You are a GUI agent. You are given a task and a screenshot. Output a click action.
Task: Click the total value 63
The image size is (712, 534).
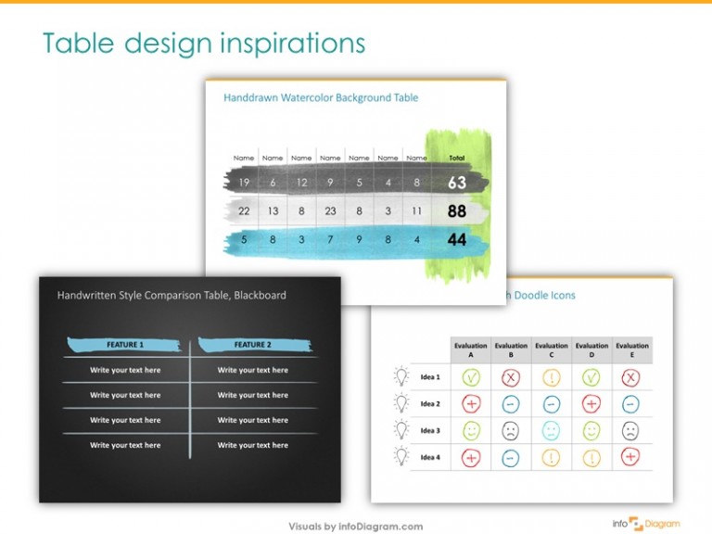[x=457, y=183]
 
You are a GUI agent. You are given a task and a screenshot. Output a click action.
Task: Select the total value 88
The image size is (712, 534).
[x=457, y=211]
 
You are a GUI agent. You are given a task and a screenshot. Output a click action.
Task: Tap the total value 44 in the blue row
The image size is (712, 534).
[x=457, y=240]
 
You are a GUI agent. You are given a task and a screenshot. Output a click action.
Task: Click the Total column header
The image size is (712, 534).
[x=457, y=158]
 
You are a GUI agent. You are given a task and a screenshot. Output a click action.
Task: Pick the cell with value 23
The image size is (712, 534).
[x=330, y=211]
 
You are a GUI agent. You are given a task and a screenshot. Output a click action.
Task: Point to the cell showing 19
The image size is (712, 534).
[x=244, y=183]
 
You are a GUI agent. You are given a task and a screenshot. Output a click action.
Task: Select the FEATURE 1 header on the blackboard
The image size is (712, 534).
[x=125, y=345]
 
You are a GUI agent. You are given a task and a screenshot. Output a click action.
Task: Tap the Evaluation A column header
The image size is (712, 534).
[x=471, y=350]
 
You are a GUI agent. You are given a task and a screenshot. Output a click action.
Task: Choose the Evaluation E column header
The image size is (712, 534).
[x=632, y=350]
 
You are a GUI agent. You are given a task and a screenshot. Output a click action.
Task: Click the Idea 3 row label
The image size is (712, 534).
[x=430, y=430]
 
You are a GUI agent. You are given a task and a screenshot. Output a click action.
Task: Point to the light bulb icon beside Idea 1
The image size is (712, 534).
[x=401, y=376]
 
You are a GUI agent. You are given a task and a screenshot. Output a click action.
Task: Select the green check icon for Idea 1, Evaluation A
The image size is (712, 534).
[x=471, y=377]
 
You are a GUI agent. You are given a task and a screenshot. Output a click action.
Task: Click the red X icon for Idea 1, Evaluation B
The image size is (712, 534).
[x=511, y=377]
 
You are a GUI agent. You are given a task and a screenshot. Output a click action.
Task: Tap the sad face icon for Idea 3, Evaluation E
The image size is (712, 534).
[x=631, y=430]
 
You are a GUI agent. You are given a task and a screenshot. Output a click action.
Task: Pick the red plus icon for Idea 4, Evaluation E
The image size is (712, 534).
[x=631, y=456]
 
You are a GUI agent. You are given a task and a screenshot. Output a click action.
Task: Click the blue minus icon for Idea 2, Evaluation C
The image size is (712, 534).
[x=552, y=404]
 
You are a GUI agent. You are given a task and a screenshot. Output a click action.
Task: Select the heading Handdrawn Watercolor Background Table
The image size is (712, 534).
[x=321, y=97]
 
